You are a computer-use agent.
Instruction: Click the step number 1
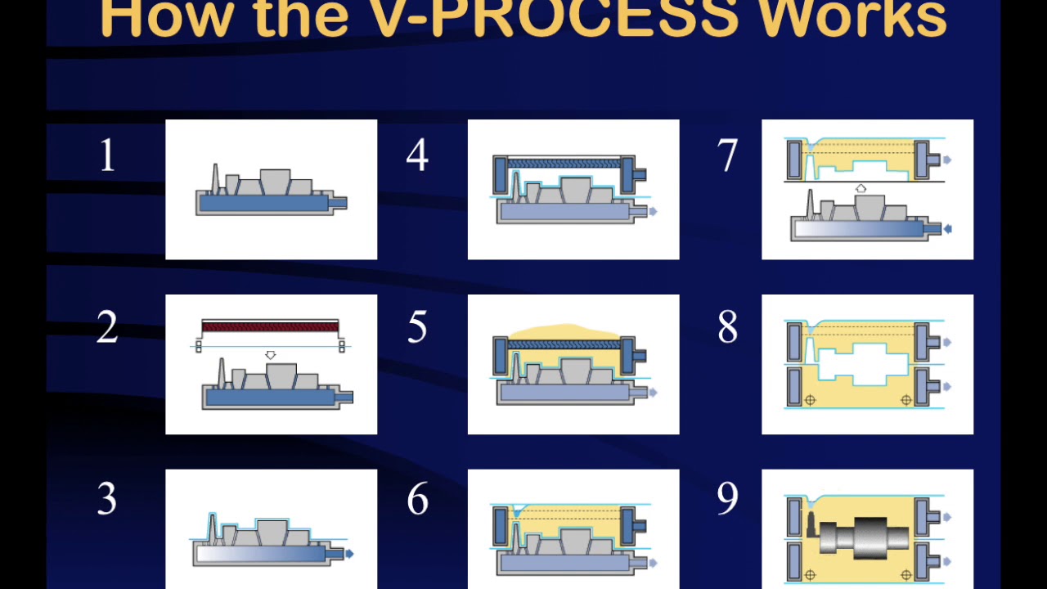107,155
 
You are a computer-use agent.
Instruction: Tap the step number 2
107,328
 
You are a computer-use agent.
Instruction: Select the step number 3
107,499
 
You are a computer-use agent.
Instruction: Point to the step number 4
417,155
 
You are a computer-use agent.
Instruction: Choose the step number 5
417,328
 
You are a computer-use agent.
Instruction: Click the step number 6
417,499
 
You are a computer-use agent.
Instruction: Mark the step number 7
727,155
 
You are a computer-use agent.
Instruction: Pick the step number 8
727,328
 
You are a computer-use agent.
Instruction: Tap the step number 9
727,499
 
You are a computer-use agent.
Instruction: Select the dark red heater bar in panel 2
270,326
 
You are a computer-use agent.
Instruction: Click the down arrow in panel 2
271,355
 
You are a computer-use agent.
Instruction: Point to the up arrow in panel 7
861,189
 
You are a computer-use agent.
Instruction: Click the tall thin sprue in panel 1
216,178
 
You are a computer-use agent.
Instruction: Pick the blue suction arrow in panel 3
350,554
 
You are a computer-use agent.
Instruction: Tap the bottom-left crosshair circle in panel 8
810,400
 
